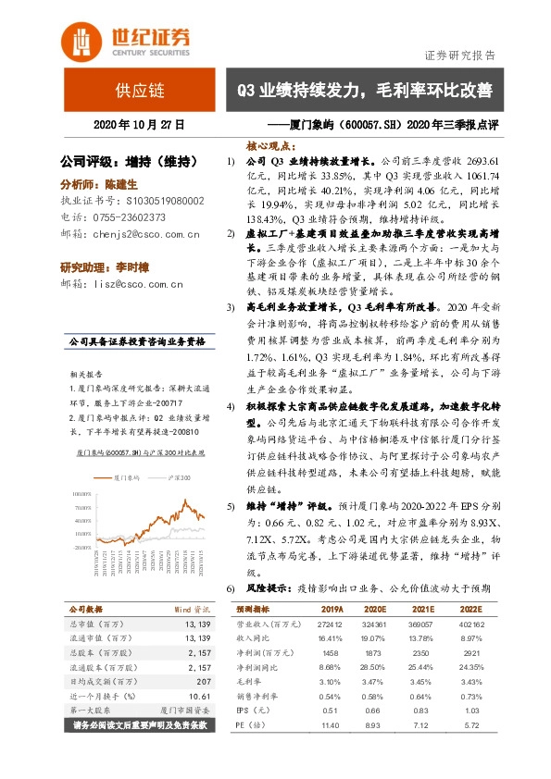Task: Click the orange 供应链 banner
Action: (x=139, y=91)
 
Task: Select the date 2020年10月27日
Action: (x=139, y=124)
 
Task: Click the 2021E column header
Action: (x=422, y=611)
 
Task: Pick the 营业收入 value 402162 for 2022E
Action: (x=472, y=625)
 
